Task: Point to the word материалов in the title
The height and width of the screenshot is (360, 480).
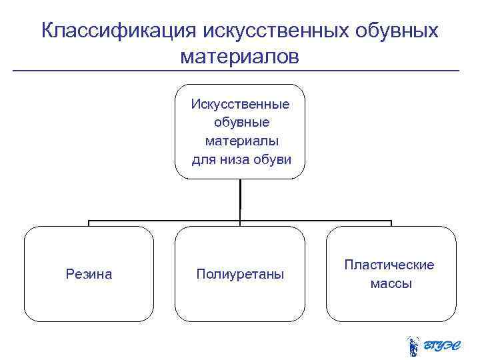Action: tap(240, 57)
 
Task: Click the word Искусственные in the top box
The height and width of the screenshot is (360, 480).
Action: tap(240, 104)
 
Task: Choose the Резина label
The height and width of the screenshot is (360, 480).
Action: tap(89, 274)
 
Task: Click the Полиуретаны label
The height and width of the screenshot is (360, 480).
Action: tap(240, 274)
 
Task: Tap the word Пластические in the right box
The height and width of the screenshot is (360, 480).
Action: tap(389, 265)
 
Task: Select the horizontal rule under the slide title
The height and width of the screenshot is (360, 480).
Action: tap(237, 71)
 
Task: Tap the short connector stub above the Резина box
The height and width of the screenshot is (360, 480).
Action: tap(89, 223)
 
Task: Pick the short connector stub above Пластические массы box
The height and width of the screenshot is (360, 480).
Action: tap(391, 223)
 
